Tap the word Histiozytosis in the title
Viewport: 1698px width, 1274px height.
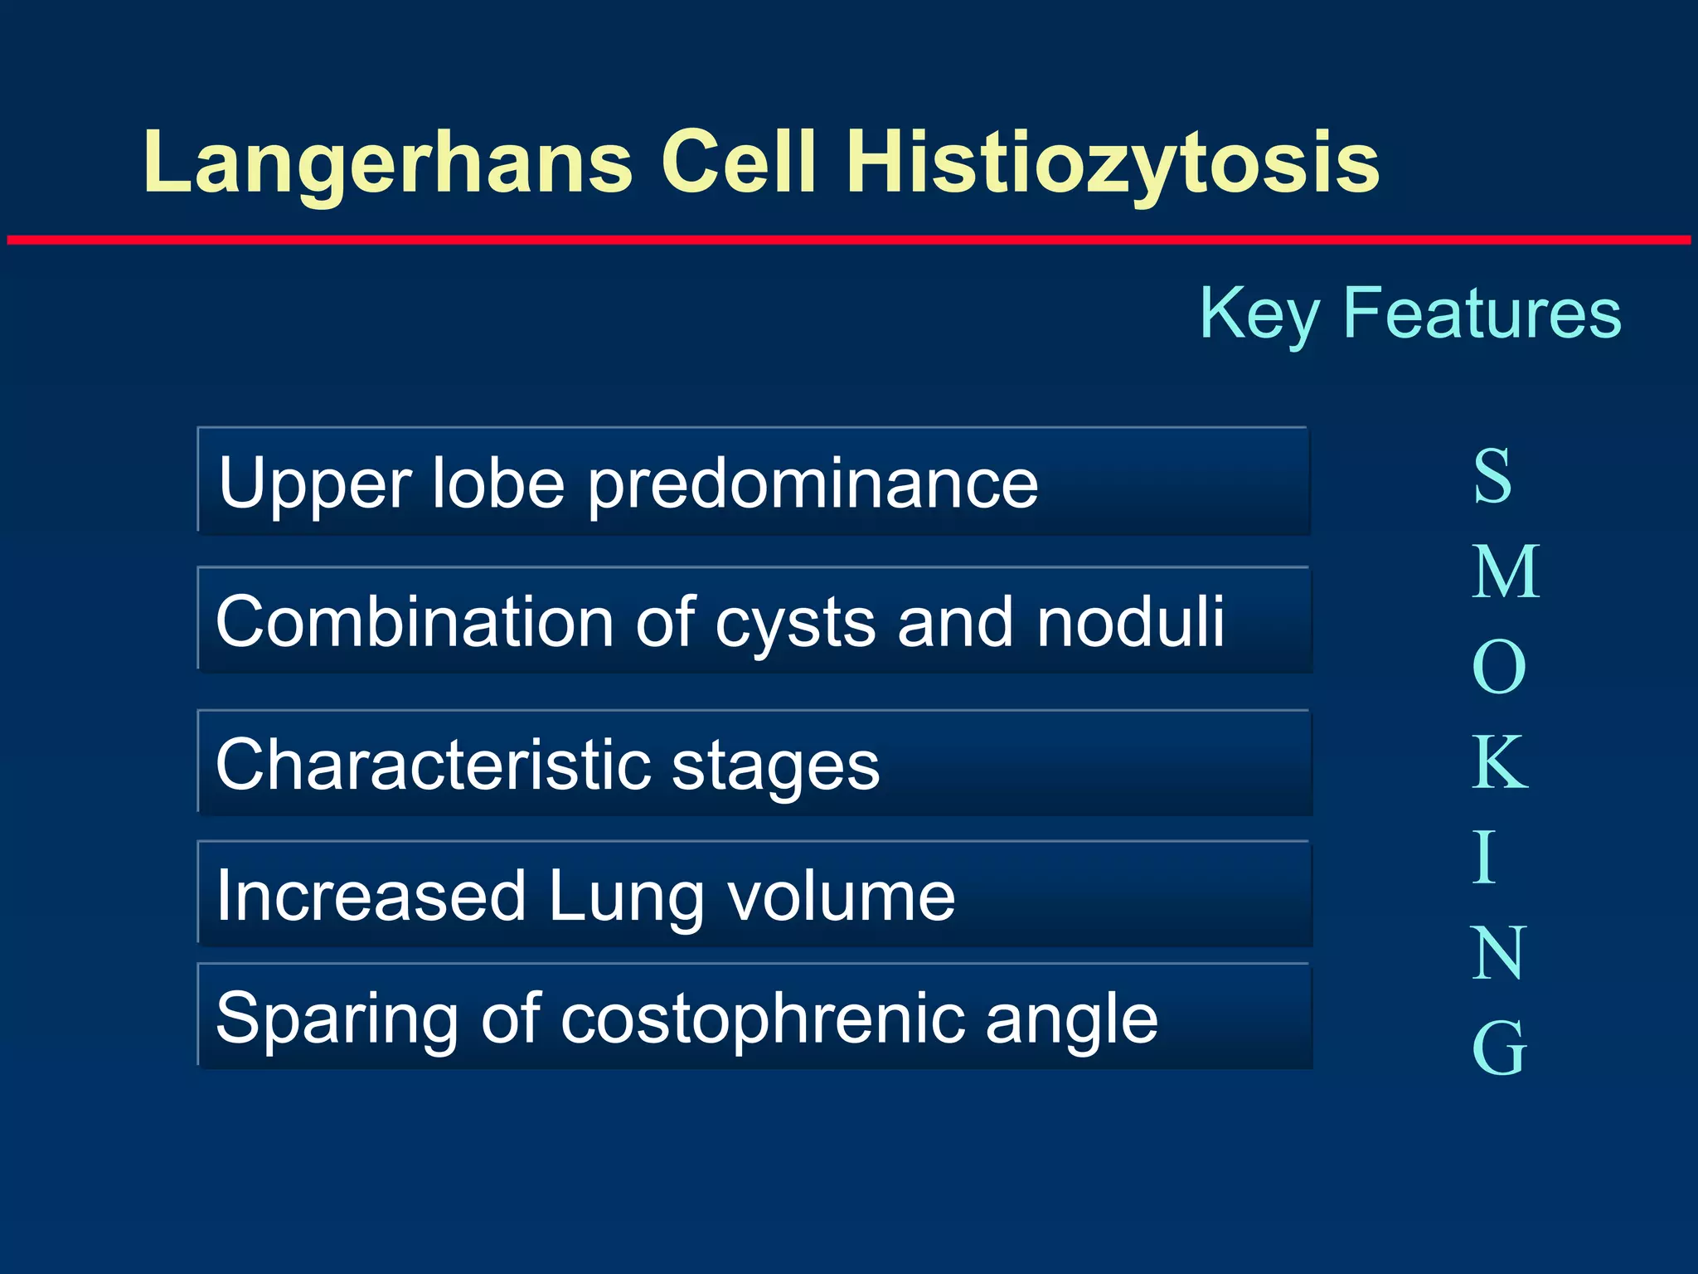pos(1113,163)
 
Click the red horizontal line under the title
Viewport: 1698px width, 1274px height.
pos(849,241)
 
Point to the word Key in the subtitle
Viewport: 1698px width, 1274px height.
pos(1259,314)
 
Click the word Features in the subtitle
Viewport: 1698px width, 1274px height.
pos(1482,313)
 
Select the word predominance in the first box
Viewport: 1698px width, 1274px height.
pos(813,484)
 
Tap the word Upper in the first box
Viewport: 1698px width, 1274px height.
pos(315,484)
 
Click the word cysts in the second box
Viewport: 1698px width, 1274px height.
pos(794,623)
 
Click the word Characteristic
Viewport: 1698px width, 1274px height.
pos(432,764)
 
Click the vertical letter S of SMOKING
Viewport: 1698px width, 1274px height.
pos(1492,476)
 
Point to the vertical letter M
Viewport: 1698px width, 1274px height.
pos(1506,572)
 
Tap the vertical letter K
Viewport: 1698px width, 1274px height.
pos(1499,763)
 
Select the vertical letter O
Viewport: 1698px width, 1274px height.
pos(1499,668)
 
